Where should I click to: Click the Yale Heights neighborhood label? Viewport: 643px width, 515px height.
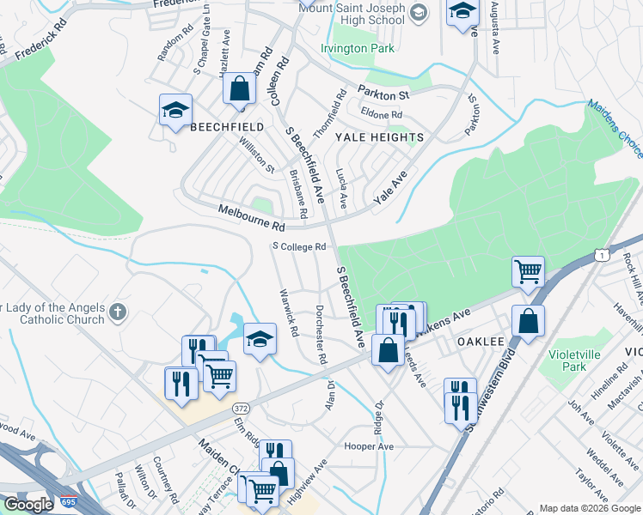coord(379,137)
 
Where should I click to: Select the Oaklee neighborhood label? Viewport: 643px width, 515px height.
coord(480,341)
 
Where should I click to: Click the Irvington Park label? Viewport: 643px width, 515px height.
coord(357,48)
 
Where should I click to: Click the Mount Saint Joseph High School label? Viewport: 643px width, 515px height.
coord(351,13)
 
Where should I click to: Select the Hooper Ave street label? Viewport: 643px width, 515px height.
coord(368,446)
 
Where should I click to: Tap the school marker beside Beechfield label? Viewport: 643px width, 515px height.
coord(175,111)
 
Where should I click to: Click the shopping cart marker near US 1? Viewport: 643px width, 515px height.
coord(528,272)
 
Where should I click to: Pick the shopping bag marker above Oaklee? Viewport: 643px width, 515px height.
coord(528,322)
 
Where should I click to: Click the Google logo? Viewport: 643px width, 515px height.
coord(28,504)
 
